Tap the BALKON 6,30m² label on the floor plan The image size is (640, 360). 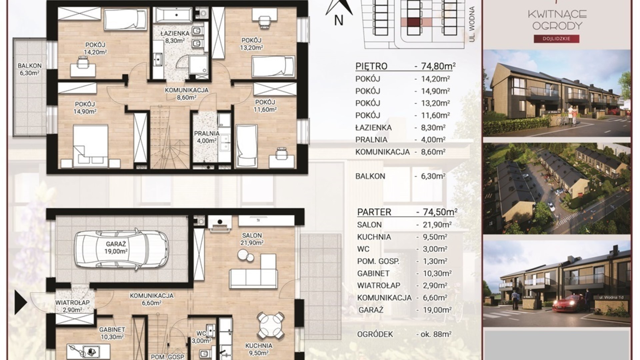click(30, 69)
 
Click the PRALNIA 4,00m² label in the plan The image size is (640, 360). click(207, 137)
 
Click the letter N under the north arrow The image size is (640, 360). click(339, 21)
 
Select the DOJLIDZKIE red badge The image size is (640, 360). click(557, 39)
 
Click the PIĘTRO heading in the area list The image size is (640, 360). click(371, 66)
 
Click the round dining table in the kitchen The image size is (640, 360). click(271, 323)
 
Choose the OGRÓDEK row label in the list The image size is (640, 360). click(375, 334)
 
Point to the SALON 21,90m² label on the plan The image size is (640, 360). click(252, 239)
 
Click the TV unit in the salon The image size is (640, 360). click(266, 220)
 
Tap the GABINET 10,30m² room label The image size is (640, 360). click(112, 333)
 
